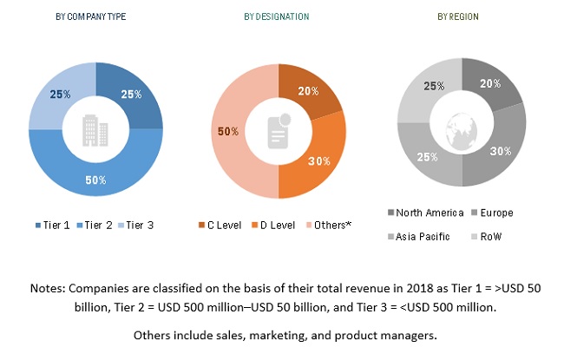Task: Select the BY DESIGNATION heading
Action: [277, 16]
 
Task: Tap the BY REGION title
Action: [460, 16]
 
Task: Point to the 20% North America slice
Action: [490, 85]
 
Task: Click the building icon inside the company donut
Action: [95, 131]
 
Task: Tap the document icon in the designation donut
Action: [278, 131]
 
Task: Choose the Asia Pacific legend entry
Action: [422, 236]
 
